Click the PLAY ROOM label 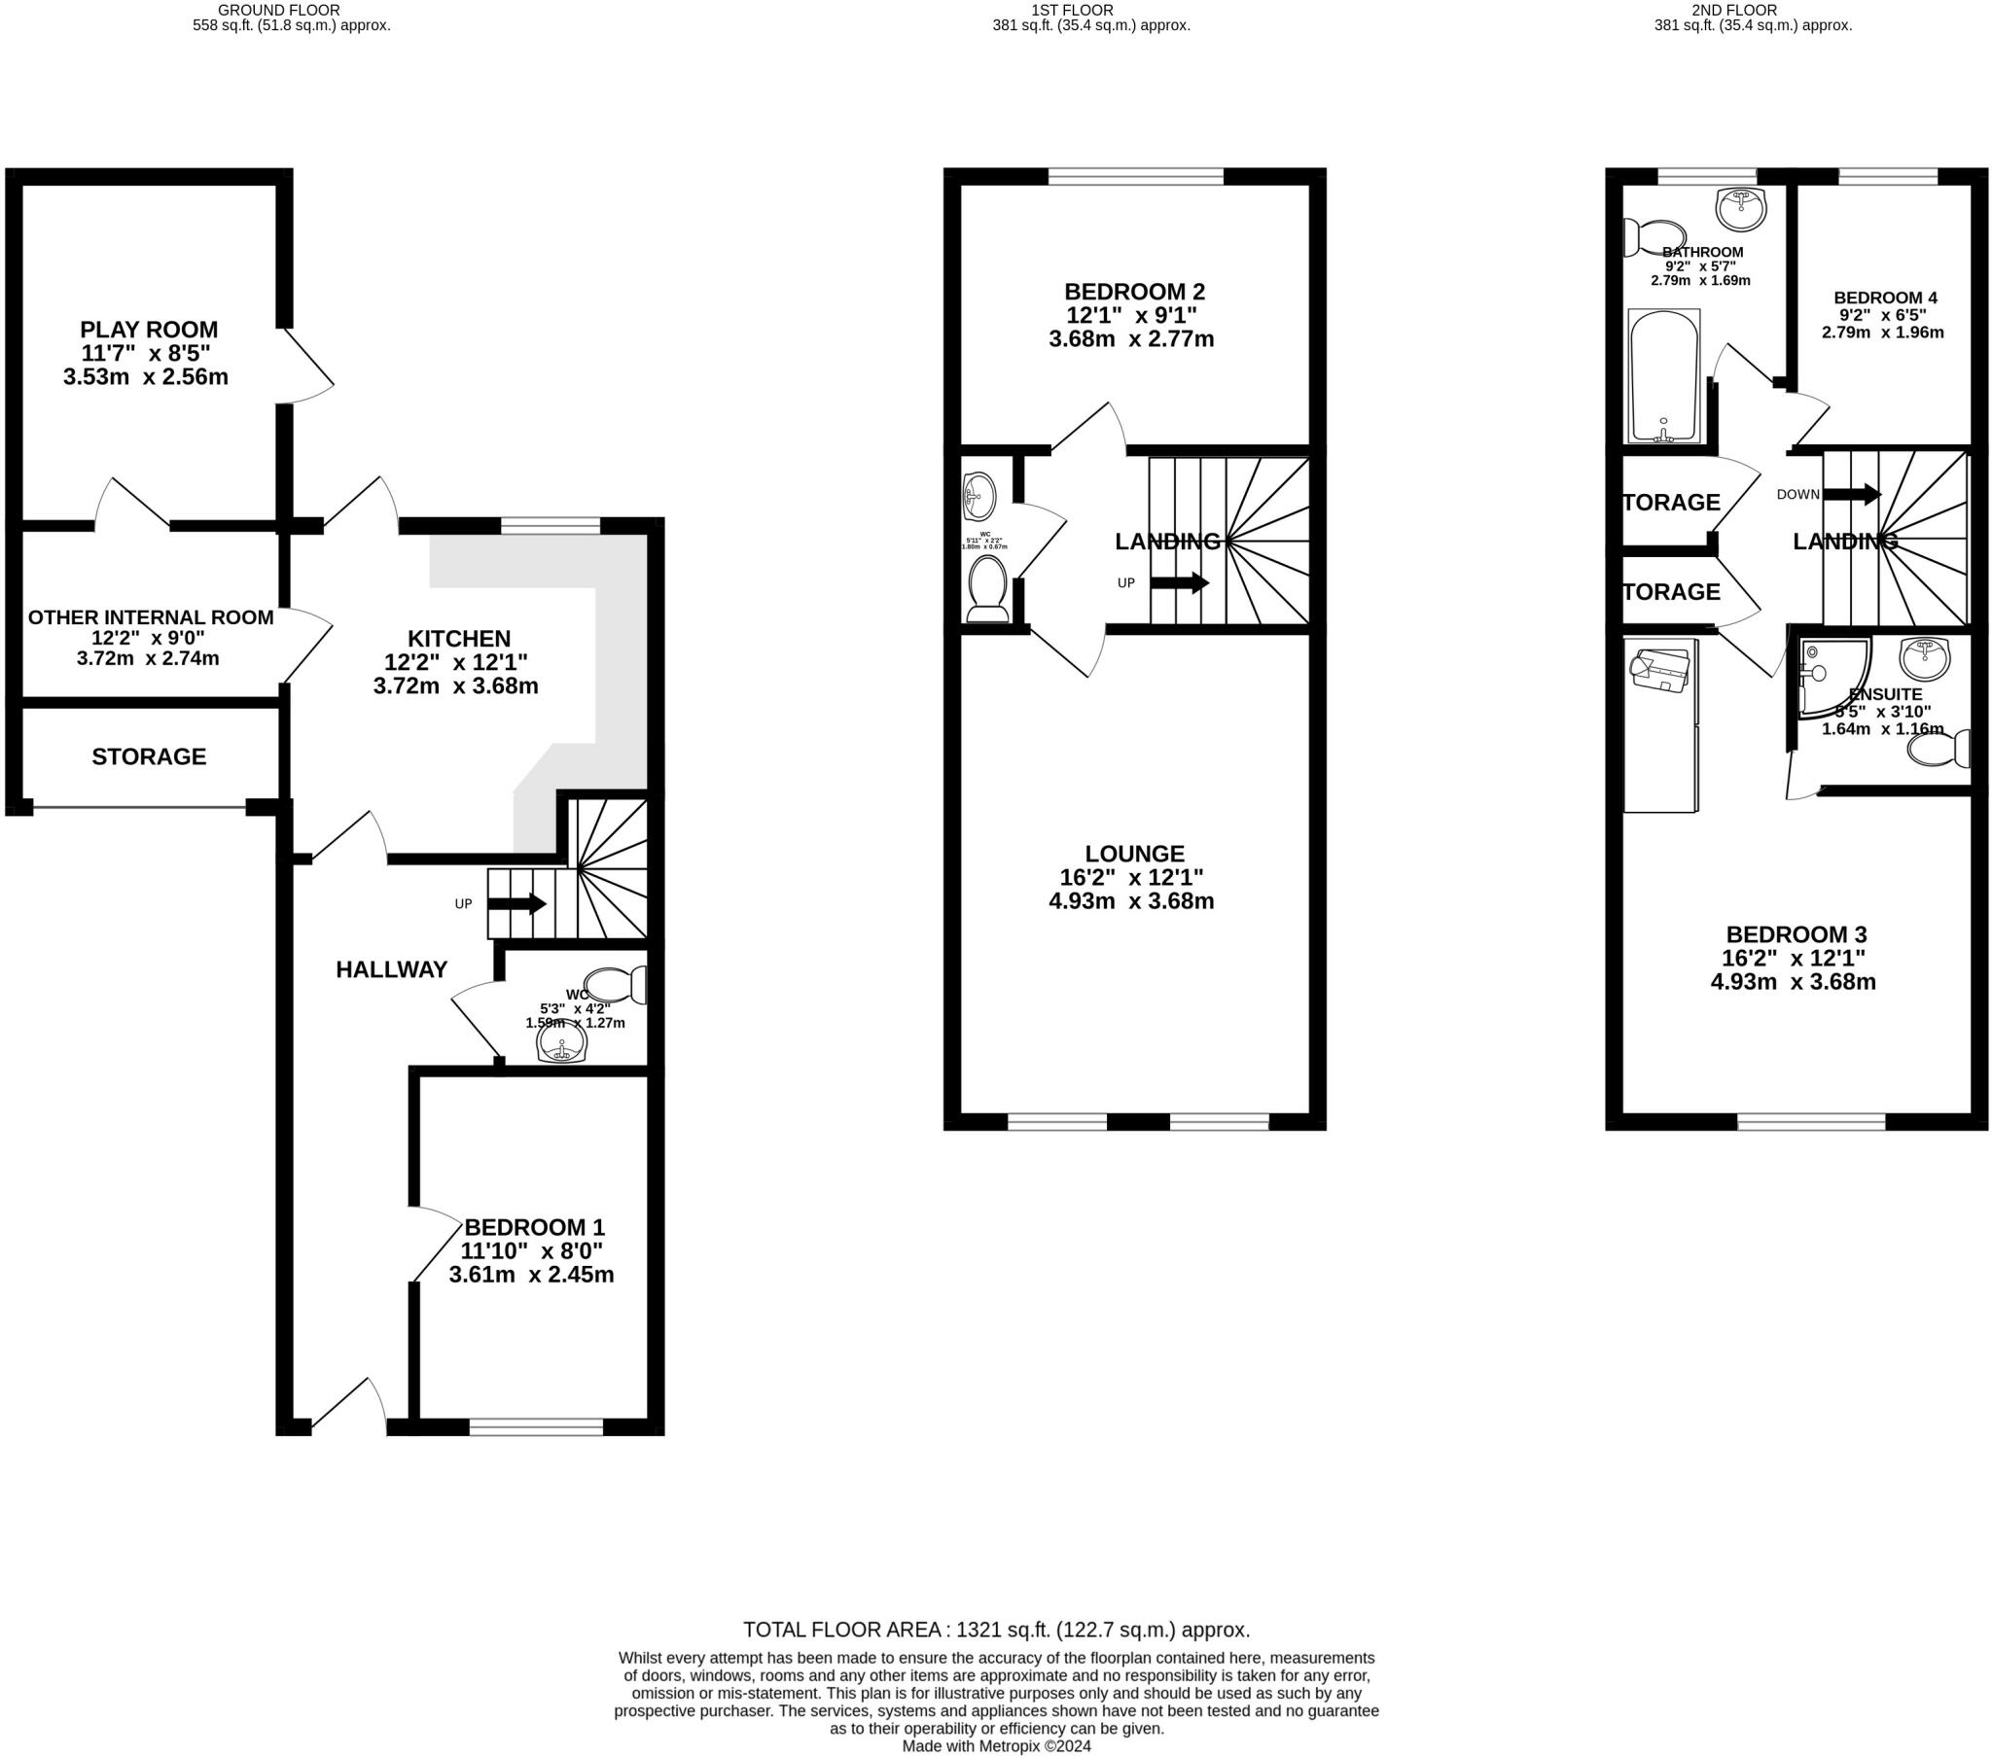click(x=149, y=330)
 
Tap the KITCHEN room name click(x=459, y=638)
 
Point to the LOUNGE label click(x=1134, y=854)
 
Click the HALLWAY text click(x=392, y=968)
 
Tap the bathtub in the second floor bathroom click(x=1663, y=375)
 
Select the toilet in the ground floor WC click(x=616, y=985)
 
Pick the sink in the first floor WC click(x=978, y=496)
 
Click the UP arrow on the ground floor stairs click(x=516, y=903)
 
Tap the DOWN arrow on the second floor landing click(x=1852, y=494)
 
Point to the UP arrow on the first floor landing click(x=1179, y=583)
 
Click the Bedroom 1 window click(x=536, y=1427)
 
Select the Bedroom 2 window click(x=1135, y=176)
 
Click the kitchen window click(x=551, y=526)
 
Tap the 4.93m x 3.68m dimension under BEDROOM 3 click(x=1794, y=982)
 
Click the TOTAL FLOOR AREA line click(x=996, y=1630)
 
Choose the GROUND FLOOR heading click(x=279, y=10)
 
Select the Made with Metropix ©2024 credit click(x=996, y=1746)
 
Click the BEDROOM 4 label click(x=1885, y=299)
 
